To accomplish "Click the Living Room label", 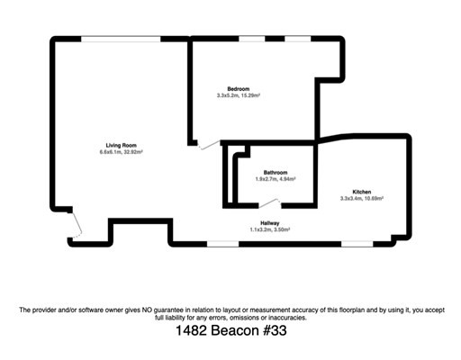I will click(x=122, y=145).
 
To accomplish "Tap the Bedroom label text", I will click(x=239, y=88).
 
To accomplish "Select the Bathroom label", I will click(x=276, y=172).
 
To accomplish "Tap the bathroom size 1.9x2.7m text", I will click(x=266, y=179).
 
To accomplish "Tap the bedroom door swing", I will click(x=209, y=145).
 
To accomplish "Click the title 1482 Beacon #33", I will click(x=230, y=331).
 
